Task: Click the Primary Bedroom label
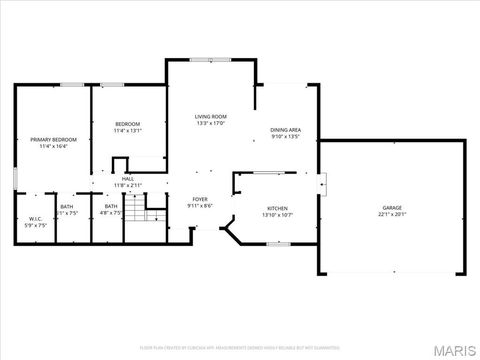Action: [51, 140]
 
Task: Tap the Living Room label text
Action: [210, 117]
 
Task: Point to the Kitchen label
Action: [277, 208]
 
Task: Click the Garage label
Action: [392, 208]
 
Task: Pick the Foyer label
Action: [200, 199]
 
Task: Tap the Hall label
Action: [128, 179]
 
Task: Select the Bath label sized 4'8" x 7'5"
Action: [111, 206]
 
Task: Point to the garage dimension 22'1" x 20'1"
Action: [392, 214]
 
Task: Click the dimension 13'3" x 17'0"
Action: [210, 124]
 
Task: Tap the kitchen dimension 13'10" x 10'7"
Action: [277, 214]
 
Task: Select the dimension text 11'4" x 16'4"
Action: [51, 147]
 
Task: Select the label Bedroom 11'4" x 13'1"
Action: [128, 127]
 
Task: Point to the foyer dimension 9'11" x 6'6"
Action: [200, 206]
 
